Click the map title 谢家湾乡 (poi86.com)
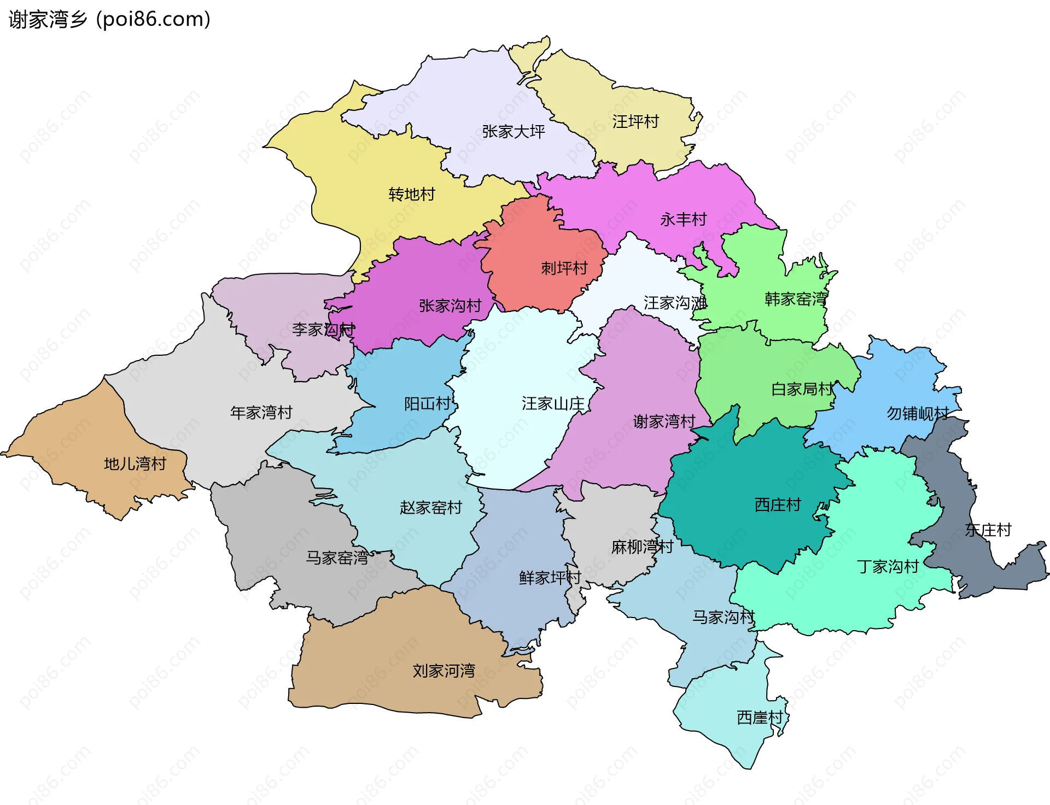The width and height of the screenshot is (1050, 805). [109, 20]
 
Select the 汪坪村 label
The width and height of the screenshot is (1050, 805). [635, 121]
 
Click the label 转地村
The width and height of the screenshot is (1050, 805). [411, 194]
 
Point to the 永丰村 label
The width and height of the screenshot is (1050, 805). [683, 220]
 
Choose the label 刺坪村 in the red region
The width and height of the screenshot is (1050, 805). [564, 268]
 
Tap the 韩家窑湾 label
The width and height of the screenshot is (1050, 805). [795, 299]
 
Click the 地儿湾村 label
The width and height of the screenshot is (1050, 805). [135, 464]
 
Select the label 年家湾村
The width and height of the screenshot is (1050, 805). [261, 412]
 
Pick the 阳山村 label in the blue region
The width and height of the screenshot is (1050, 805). [427, 404]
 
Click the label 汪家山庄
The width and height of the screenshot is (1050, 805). [552, 404]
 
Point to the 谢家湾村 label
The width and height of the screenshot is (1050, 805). [664, 421]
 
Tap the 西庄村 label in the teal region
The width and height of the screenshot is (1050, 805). [777, 504]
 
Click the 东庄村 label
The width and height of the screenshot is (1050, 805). [988, 530]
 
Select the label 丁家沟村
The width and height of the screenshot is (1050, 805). [888, 566]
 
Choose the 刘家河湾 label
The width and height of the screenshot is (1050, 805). [444, 671]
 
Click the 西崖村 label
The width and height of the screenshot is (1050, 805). [760, 718]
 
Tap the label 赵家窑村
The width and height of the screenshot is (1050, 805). [430, 508]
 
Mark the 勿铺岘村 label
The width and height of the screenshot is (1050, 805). [917, 414]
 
